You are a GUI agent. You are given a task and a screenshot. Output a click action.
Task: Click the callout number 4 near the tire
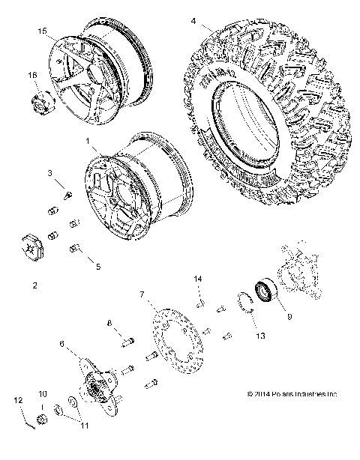click(193, 20)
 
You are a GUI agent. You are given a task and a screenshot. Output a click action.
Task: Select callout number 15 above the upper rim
click(42, 30)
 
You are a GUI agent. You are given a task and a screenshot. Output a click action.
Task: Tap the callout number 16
click(32, 75)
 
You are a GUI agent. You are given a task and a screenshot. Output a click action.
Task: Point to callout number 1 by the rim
click(88, 140)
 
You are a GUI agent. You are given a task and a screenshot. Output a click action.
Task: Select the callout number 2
click(35, 285)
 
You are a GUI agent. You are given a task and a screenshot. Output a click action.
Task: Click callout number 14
click(199, 279)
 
